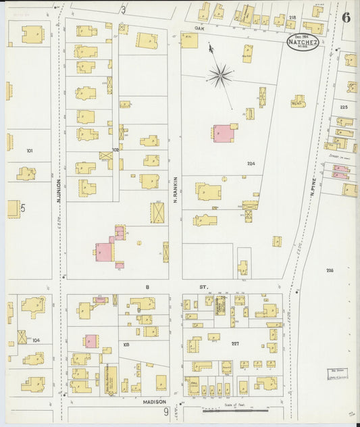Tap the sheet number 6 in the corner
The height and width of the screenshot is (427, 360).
pyautogui.click(x=346, y=17)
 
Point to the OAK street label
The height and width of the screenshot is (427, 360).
pyautogui.click(x=199, y=29)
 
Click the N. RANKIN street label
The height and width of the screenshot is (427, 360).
pyautogui.click(x=175, y=192)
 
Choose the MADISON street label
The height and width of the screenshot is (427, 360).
pyautogui.click(x=155, y=401)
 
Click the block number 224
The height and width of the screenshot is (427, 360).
pyautogui.click(x=251, y=164)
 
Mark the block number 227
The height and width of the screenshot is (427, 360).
pyautogui.click(x=235, y=344)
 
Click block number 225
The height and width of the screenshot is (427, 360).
pyautogui.click(x=344, y=107)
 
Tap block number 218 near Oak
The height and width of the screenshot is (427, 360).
pyautogui.click(x=292, y=17)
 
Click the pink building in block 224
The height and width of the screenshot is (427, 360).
pyautogui.click(x=222, y=132)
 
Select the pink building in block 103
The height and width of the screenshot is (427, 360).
pyautogui.click(x=91, y=341)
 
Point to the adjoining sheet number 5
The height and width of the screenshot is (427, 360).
pyautogui.click(x=22, y=209)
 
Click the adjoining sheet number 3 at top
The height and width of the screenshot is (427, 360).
pyautogui.click(x=123, y=9)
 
